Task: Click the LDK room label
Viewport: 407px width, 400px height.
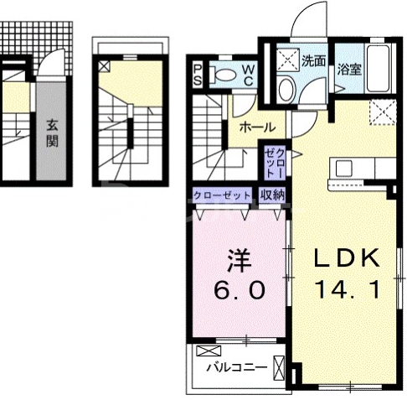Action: (347, 257)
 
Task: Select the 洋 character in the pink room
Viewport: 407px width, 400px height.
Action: (237, 257)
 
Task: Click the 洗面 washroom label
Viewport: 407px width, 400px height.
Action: (314, 60)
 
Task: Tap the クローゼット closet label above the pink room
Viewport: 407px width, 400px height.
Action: (222, 195)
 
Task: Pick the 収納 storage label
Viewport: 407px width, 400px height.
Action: (271, 195)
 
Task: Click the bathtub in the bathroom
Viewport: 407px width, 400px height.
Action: (379, 63)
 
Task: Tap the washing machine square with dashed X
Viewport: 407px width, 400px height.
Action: (289, 58)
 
